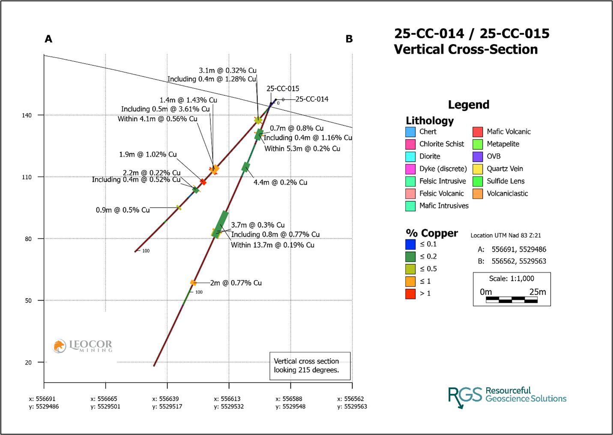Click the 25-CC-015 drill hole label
click(x=283, y=89)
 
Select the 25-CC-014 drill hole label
click(x=312, y=99)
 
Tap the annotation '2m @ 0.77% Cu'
click(x=236, y=283)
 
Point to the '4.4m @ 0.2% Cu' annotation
click(x=280, y=182)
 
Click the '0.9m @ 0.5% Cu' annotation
click(x=123, y=210)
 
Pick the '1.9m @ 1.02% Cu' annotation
click(x=148, y=154)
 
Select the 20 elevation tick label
click(x=28, y=362)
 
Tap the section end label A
click(x=48, y=39)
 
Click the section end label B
click(x=349, y=39)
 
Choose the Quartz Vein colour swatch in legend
click(x=478, y=169)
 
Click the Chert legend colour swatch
click(x=410, y=132)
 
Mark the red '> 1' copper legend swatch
click(x=410, y=294)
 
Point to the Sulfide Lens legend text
click(x=505, y=181)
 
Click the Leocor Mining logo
click(x=83, y=346)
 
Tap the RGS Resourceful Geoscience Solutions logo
click(x=507, y=396)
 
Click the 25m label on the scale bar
click(x=538, y=292)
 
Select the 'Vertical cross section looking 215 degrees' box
click(x=310, y=366)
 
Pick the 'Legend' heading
click(x=469, y=105)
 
